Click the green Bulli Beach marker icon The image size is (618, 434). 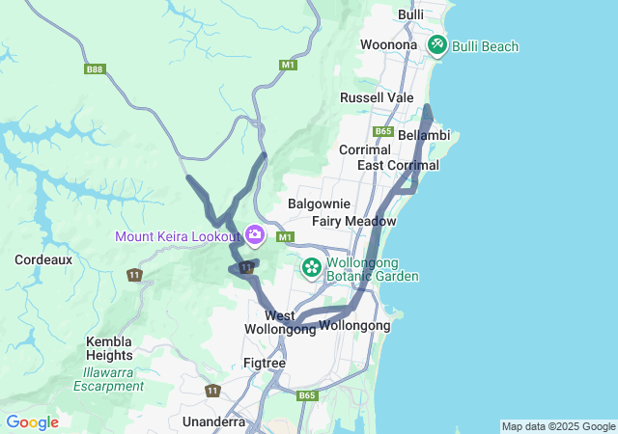pyautogui.click(x=436, y=45)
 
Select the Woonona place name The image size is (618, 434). pyautogui.click(x=388, y=45)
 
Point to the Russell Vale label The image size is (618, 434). pyautogui.click(x=377, y=97)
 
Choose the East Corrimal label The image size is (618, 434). pyautogui.click(x=398, y=165)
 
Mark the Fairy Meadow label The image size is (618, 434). pyautogui.click(x=354, y=221)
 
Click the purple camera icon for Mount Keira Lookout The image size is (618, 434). pyautogui.click(x=255, y=235)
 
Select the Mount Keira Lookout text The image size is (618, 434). pyautogui.click(x=177, y=236)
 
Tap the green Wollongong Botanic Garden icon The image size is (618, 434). pyautogui.click(x=312, y=267)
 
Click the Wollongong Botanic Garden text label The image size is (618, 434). pyautogui.click(x=373, y=269)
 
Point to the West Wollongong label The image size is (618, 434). pyautogui.click(x=280, y=322)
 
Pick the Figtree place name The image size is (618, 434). pyautogui.click(x=265, y=363)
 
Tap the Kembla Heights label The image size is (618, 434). pyautogui.click(x=109, y=348)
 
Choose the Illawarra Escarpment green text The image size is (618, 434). pyautogui.click(x=109, y=379)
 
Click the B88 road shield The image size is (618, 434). pyautogui.click(x=94, y=68)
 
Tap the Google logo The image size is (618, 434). pyautogui.click(x=32, y=422)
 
